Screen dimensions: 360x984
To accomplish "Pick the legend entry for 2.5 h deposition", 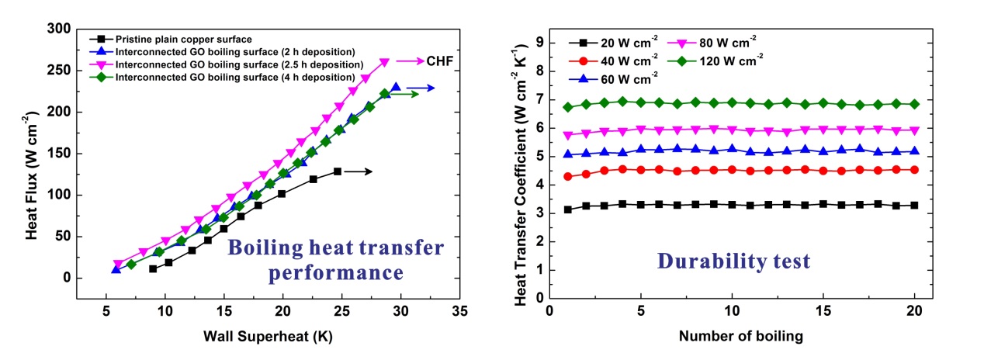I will (x=239, y=64).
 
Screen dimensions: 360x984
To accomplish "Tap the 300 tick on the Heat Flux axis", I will (x=61, y=29).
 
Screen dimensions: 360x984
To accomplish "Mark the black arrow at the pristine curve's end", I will (x=358, y=171).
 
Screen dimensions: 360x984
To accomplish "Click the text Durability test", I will (x=734, y=260).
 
